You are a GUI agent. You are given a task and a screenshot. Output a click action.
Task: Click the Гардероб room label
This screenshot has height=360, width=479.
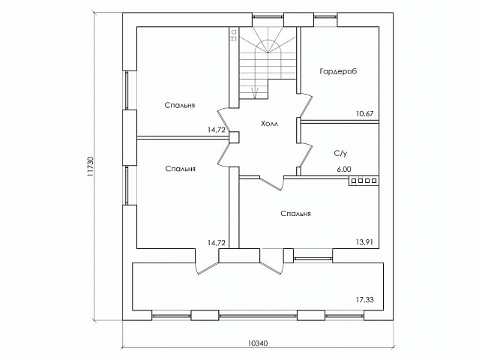pos(338,71)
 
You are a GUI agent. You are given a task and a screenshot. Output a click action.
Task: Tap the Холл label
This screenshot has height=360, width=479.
pos(269,124)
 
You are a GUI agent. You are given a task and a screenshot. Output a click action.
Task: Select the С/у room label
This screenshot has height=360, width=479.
pos(340,154)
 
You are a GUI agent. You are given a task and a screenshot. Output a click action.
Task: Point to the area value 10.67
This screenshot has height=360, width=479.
pos(365,114)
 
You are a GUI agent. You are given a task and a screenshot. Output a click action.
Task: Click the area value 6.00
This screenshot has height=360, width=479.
pos(344,169)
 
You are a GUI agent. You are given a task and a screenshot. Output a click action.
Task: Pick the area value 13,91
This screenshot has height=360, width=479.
pos(364,243)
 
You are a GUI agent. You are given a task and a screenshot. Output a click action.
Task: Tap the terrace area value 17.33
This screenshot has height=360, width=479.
pos(365,300)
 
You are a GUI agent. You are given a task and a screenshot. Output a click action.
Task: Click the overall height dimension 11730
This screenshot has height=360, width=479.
pos(89,166)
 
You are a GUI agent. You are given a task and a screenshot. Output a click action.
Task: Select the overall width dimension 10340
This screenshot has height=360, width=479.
pos(258,343)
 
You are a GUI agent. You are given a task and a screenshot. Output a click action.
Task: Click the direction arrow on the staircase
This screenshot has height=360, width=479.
pos(255,92)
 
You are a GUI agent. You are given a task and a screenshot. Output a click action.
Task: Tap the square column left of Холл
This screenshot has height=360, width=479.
pos(235,137)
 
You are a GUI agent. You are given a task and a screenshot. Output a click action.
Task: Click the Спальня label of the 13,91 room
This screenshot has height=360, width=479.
pos(295,214)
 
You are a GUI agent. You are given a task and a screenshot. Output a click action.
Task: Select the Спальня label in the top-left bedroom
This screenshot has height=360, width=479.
pos(180,106)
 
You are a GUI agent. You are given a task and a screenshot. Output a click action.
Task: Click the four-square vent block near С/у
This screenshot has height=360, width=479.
pos(364,181)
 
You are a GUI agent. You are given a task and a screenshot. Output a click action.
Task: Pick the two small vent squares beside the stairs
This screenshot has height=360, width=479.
pos(234,34)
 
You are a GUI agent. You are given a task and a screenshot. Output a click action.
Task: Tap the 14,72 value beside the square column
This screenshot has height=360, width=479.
pos(217,130)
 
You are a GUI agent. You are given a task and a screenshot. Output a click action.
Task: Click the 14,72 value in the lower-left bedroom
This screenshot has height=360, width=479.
pos(217,243)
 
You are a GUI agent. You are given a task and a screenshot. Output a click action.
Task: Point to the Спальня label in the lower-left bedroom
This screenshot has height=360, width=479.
pos(180,169)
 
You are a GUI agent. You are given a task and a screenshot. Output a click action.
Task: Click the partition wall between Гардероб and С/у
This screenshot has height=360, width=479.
pos(340,122)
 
